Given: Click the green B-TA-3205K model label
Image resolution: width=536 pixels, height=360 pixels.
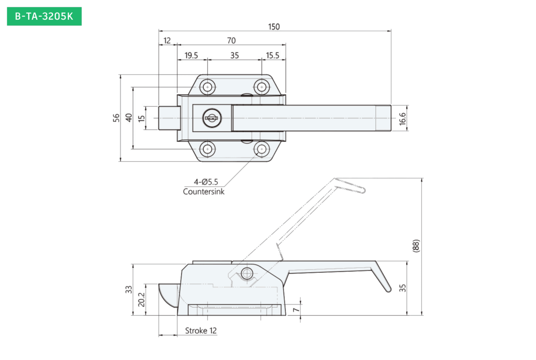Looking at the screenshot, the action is tap(44, 16).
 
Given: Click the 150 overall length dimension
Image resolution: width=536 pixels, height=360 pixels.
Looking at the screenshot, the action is tap(274, 27).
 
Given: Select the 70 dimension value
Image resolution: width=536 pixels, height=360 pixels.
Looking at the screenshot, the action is tap(231, 41).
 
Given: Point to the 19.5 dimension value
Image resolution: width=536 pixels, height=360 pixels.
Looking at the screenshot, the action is tap(191, 55).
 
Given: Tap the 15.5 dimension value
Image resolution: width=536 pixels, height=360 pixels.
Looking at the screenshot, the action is tap(272, 55).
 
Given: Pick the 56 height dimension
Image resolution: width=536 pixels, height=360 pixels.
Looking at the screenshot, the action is tap(116, 118).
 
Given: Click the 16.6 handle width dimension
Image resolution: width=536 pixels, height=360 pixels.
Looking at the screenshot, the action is tap(403, 119).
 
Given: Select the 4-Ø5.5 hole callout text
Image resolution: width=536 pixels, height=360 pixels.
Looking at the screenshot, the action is tap(206, 182).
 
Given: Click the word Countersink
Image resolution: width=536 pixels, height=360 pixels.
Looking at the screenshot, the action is tap(204, 192).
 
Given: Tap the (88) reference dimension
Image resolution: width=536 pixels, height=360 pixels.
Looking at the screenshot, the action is tap(416, 246).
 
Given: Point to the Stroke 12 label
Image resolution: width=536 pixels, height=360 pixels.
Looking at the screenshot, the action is tap(201, 331).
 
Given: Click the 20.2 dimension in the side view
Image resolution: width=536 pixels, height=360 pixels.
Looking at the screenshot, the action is tap(142, 300).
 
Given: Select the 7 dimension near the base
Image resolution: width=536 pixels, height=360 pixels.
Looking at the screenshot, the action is tap(296, 310).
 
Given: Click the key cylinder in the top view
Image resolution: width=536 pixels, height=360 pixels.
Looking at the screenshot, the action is tap(212, 118).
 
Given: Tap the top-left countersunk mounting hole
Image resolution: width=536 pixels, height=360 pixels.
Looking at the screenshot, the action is tap(207, 87).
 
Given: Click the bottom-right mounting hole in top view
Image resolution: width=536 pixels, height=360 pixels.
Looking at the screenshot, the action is tap(262, 149).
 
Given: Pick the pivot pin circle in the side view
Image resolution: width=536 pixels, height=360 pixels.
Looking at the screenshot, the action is tap(247, 273).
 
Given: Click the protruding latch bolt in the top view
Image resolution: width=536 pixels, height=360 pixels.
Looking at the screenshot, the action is tap(169, 118).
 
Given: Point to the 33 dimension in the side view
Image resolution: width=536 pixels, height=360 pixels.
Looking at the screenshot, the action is tap(129, 290).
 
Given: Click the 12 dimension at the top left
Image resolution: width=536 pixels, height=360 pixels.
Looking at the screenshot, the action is tap(167, 41).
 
